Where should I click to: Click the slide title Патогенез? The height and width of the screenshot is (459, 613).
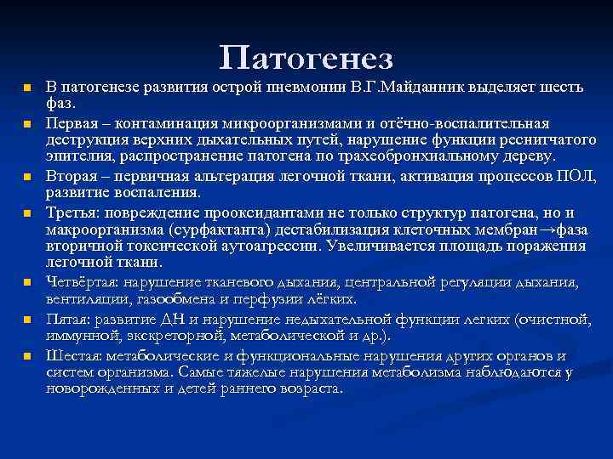[306, 58]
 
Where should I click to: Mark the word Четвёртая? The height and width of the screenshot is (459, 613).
[82, 282]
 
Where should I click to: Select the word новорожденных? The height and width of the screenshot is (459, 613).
[97, 388]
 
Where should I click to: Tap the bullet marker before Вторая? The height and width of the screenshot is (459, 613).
[26, 177]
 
